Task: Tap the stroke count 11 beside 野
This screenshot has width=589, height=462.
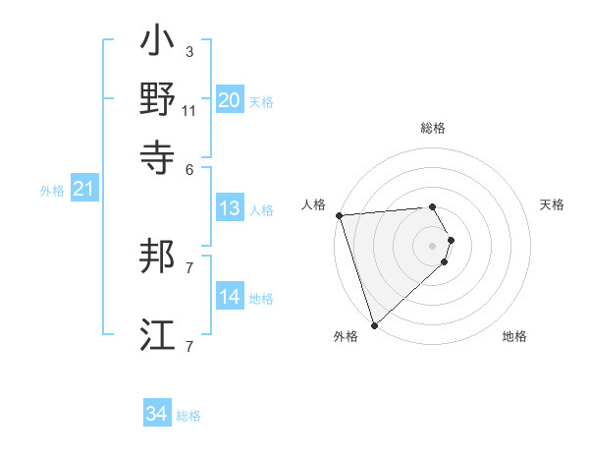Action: tap(189, 110)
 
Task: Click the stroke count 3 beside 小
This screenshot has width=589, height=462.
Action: tap(189, 51)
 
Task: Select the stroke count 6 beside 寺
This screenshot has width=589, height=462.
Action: tap(189, 169)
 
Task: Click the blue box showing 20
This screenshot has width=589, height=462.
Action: tap(230, 100)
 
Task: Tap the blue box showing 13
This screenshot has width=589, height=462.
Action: tap(230, 208)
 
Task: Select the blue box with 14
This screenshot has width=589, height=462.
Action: tap(230, 297)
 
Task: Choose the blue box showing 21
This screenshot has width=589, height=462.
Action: tap(82, 190)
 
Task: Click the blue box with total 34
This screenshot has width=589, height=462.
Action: tap(156, 414)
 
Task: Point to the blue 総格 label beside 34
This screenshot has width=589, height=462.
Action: tap(188, 416)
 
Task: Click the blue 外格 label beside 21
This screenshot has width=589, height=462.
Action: tap(51, 191)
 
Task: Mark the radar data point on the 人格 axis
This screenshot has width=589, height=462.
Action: tap(339, 214)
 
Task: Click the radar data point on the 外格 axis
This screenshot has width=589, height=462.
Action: tap(374, 324)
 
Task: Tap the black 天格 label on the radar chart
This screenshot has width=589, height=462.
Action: tap(552, 204)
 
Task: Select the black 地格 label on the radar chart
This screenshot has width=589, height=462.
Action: tap(514, 336)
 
